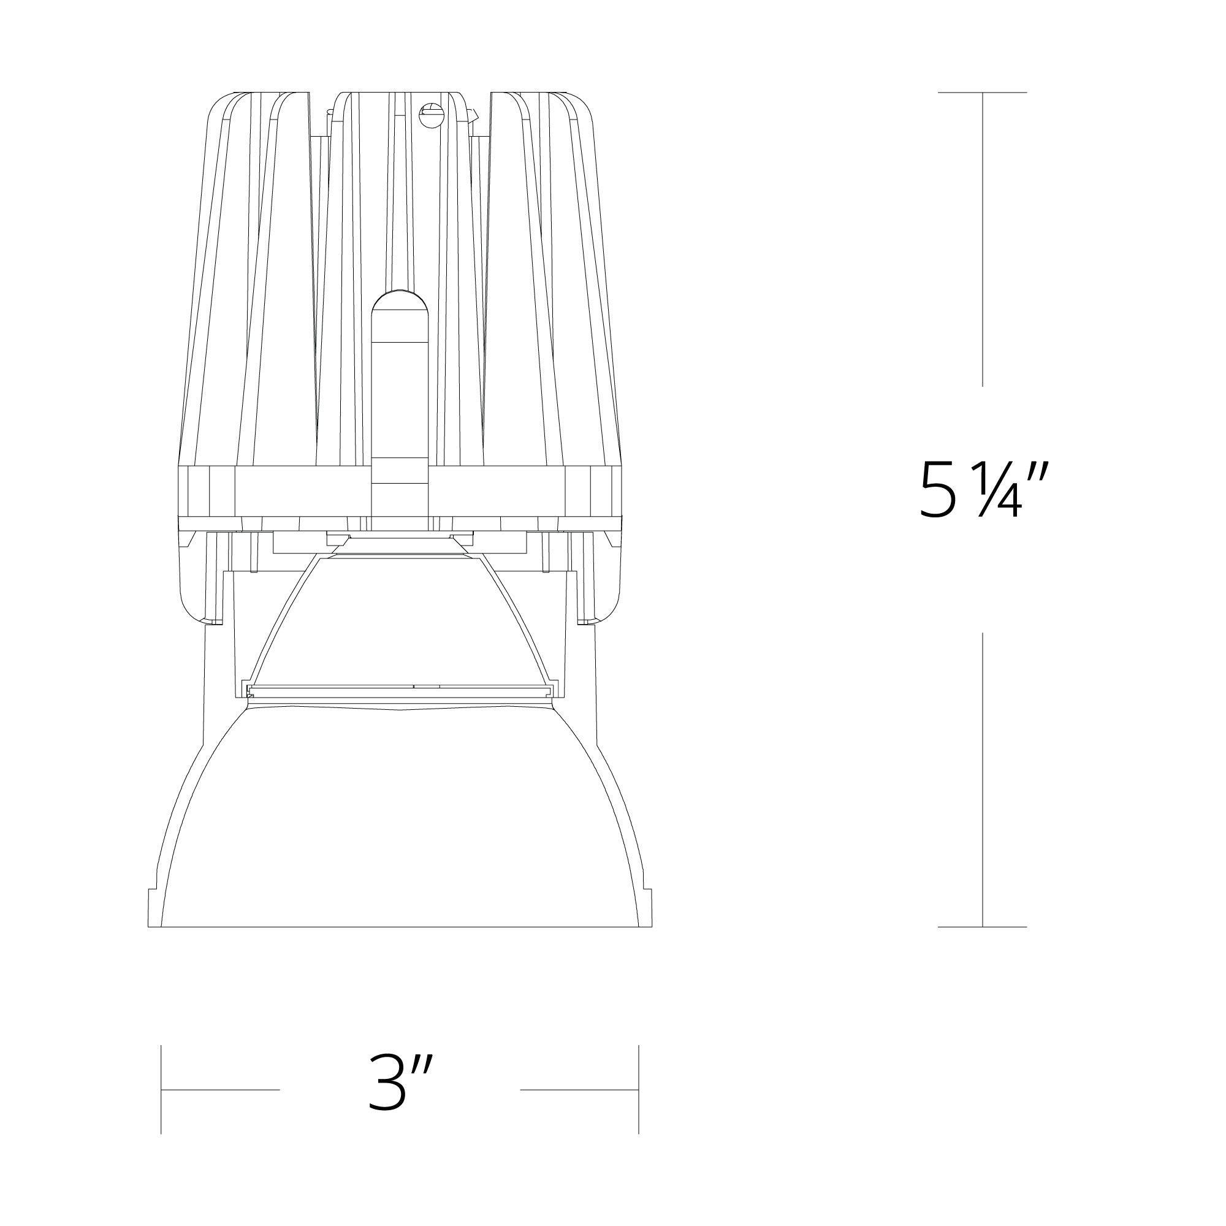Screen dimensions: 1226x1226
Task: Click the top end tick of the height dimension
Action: pos(982,93)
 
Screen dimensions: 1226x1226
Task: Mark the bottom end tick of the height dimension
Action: pos(982,927)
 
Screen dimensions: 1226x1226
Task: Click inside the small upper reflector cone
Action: pos(400,622)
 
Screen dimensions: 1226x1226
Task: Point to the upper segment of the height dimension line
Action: pos(982,241)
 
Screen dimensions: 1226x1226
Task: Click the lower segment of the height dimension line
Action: pos(982,780)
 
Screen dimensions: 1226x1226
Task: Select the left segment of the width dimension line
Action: pos(221,1089)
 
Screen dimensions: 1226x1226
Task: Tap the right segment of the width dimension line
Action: pos(579,1089)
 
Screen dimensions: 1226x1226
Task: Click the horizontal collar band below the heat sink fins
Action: pos(400,492)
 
